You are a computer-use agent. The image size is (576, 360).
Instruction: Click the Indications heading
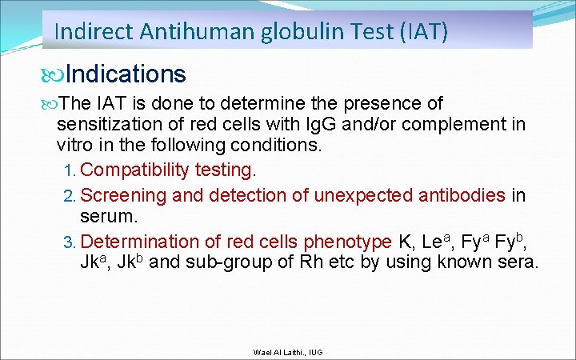pyautogui.click(x=126, y=74)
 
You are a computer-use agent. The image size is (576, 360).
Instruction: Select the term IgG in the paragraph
pyautogui.click(x=313, y=125)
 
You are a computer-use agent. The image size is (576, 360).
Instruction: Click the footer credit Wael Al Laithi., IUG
pyautogui.click(x=288, y=352)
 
